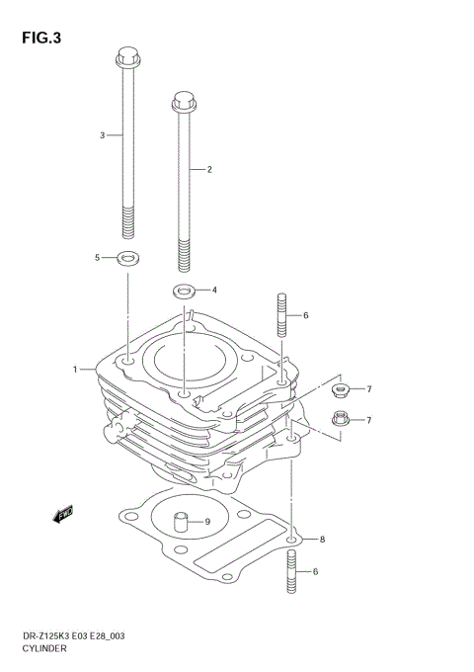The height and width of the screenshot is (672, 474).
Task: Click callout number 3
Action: [x=102, y=134]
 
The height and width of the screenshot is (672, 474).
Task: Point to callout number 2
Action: [x=209, y=170]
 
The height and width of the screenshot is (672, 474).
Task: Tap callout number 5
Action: [x=98, y=258]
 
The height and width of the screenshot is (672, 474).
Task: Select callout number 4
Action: [x=213, y=291]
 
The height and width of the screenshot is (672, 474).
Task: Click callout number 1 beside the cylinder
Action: [x=74, y=370]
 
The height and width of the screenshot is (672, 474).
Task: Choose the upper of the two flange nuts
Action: [x=341, y=389]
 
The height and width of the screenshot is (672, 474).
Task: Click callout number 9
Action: [x=207, y=522]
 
